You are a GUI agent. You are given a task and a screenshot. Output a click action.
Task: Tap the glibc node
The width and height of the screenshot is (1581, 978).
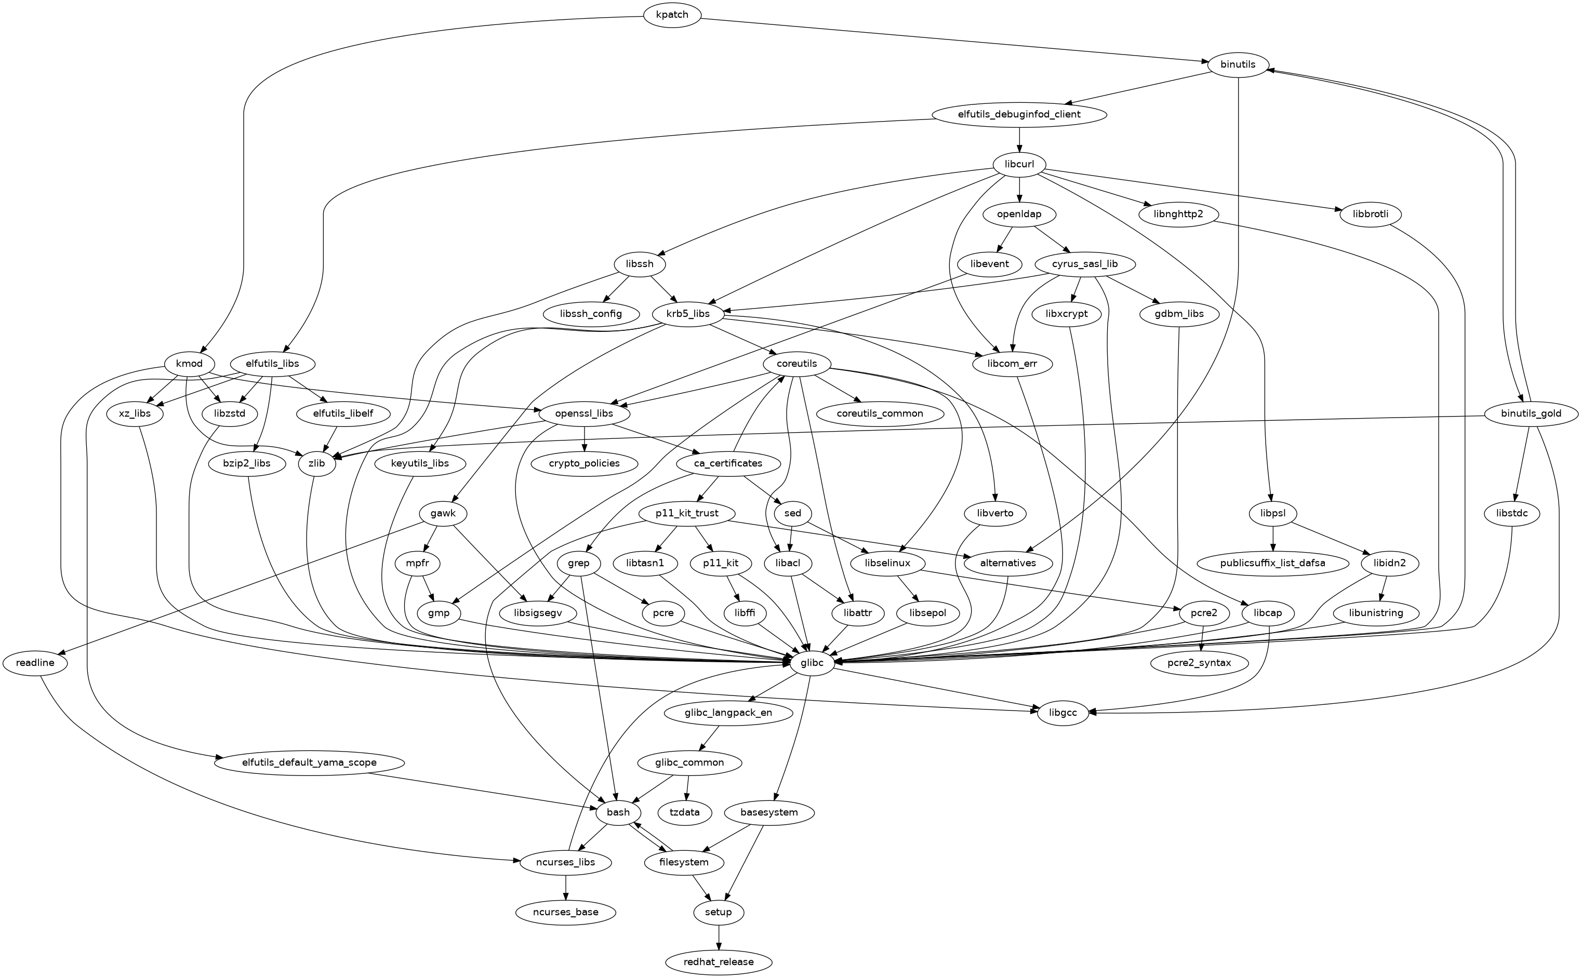811,662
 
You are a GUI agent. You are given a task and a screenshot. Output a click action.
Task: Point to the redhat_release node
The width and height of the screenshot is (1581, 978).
718,962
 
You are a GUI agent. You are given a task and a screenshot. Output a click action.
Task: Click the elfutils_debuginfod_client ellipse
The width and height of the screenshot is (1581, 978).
1019,114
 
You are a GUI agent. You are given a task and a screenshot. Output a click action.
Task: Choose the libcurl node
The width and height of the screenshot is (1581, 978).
1019,164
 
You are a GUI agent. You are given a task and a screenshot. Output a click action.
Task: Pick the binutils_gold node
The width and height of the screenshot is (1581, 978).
1531,413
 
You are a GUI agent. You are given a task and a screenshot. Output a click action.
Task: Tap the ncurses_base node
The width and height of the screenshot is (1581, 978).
566,912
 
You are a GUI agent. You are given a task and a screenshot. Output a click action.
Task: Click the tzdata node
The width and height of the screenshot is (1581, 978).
684,812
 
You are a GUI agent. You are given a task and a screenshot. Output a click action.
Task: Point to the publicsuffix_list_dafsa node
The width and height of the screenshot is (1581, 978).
1272,562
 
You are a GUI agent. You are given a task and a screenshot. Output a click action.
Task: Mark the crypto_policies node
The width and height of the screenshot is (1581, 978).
584,463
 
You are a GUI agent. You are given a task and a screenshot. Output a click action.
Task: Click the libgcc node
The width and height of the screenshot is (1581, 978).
1063,713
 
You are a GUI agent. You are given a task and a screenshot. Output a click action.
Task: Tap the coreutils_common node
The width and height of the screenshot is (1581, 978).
879,413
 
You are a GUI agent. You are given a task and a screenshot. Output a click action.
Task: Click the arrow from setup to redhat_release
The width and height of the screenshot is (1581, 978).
718,936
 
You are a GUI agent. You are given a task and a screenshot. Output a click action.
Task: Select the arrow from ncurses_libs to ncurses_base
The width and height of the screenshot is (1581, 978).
566,887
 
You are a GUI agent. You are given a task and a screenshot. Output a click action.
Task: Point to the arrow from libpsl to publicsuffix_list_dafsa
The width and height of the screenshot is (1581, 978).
1272,538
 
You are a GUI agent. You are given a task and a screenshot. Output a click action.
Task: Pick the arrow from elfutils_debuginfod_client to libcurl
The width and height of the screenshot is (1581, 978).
1019,139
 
